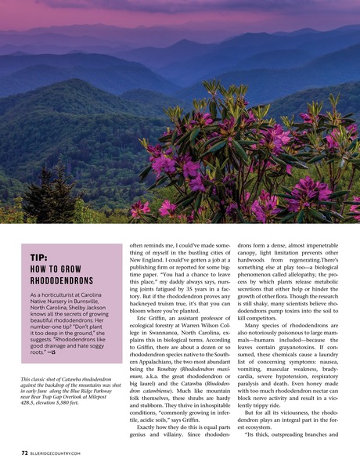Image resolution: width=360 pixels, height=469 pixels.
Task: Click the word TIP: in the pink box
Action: tap(41, 258)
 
